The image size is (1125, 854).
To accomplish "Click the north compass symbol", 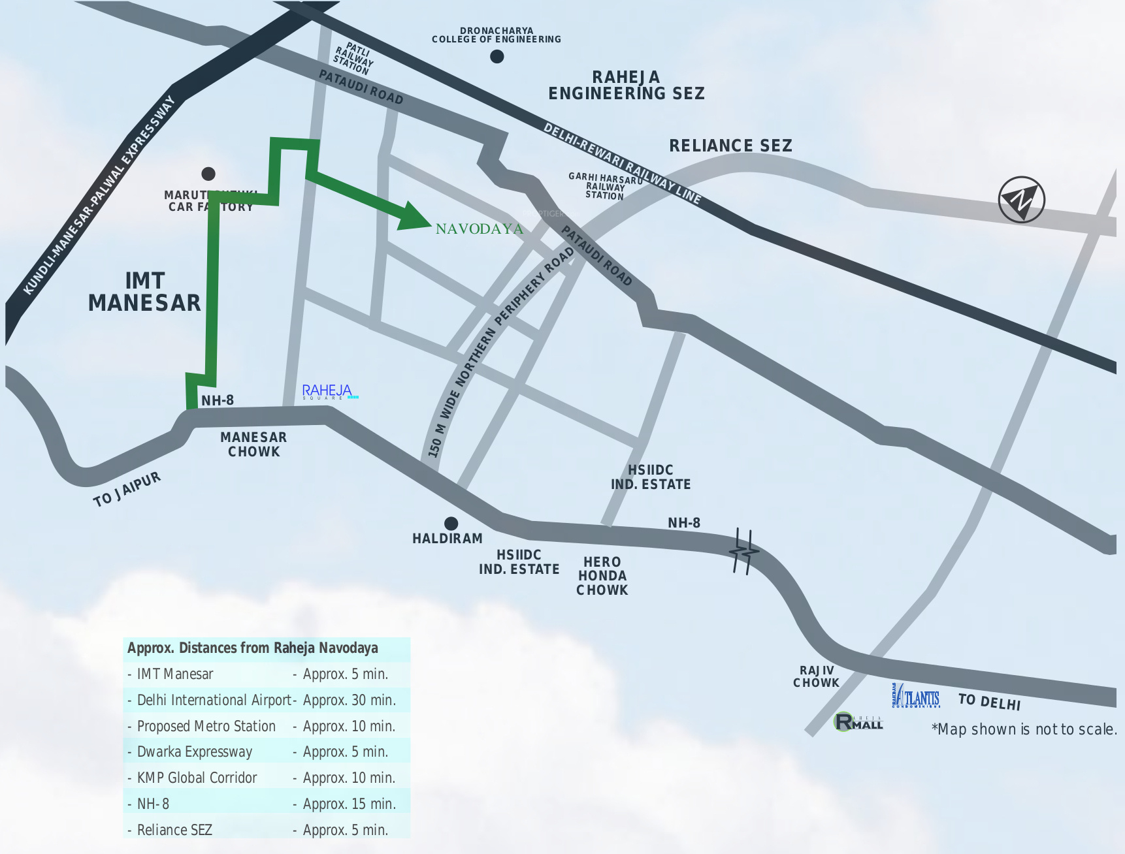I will coord(1021,199).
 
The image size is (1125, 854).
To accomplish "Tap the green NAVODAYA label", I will coord(479,229).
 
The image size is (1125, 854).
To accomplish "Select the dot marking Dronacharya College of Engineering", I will coord(497,57).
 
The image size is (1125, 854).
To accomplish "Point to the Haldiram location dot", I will coord(451,523).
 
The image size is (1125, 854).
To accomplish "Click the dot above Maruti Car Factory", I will coord(208,174).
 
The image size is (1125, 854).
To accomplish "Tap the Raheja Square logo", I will coord(329,392).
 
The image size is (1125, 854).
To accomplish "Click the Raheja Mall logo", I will coord(858,721).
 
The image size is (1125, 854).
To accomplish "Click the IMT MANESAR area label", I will coord(144,292).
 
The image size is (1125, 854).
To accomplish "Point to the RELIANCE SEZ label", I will coord(730,146).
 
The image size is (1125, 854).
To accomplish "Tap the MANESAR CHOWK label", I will coord(253,445).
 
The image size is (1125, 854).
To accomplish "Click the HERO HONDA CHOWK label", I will coord(602,576).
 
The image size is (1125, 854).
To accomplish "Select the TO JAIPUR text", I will coord(127,490).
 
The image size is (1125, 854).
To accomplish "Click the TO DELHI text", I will coord(989,702).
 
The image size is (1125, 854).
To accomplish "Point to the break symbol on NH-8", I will coord(743,552).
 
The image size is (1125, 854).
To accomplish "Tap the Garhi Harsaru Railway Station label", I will coord(605,186).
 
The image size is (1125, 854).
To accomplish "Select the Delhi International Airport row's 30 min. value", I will coord(349,700).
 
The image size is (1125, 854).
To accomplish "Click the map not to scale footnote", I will coord(1024,729).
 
